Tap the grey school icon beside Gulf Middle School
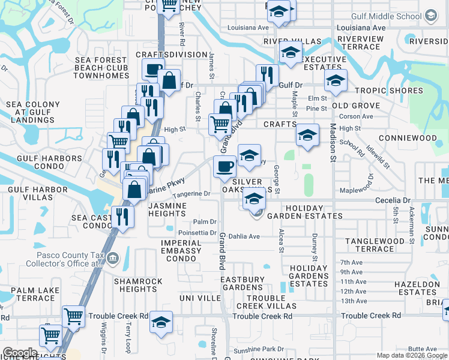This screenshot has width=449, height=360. [430, 14]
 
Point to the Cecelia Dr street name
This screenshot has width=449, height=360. [393, 200]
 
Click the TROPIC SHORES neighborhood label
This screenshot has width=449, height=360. [388, 91]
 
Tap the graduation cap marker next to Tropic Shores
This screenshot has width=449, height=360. [336, 81]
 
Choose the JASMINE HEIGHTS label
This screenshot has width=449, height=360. [167, 210]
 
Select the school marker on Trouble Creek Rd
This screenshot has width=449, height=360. [161, 323]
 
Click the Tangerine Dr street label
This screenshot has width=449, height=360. [191, 194]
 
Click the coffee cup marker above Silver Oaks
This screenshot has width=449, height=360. [225, 167]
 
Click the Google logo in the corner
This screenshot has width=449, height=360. [20, 353]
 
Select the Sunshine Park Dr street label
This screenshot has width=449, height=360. [259, 349]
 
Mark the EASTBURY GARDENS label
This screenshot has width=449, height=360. [242, 283]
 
